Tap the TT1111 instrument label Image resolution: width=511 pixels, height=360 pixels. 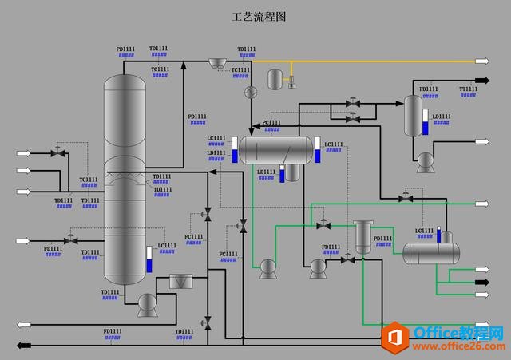(x=469, y=89)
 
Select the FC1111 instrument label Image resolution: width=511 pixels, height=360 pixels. (x=194, y=236)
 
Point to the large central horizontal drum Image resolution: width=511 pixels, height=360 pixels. (x=276, y=148)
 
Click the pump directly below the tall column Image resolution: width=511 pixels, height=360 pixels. (x=147, y=304)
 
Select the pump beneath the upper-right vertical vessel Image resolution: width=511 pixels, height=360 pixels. (x=424, y=162)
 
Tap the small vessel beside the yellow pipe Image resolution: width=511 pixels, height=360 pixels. (x=275, y=78)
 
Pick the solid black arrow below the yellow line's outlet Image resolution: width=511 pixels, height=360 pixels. (x=481, y=79)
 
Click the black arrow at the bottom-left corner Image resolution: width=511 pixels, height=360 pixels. (x=25, y=345)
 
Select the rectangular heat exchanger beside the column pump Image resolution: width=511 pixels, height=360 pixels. (x=182, y=282)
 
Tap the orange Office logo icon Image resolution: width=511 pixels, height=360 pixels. (x=394, y=336)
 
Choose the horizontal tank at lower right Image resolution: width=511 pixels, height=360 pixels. (x=431, y=252)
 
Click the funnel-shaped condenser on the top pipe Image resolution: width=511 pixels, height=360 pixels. (x=216, y=62)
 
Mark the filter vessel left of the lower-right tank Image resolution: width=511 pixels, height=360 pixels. (x=363, y=237)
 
